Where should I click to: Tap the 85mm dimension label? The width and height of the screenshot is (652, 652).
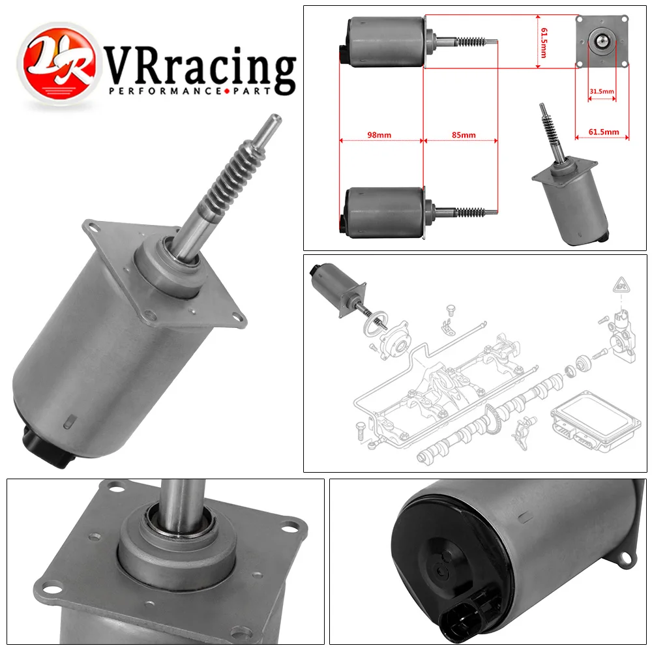click(x=464, y=135)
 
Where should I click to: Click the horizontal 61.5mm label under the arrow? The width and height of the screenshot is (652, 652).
click(x=603, y=131)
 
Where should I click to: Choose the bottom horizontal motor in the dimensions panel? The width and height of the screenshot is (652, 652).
click(x=385, y=212)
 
